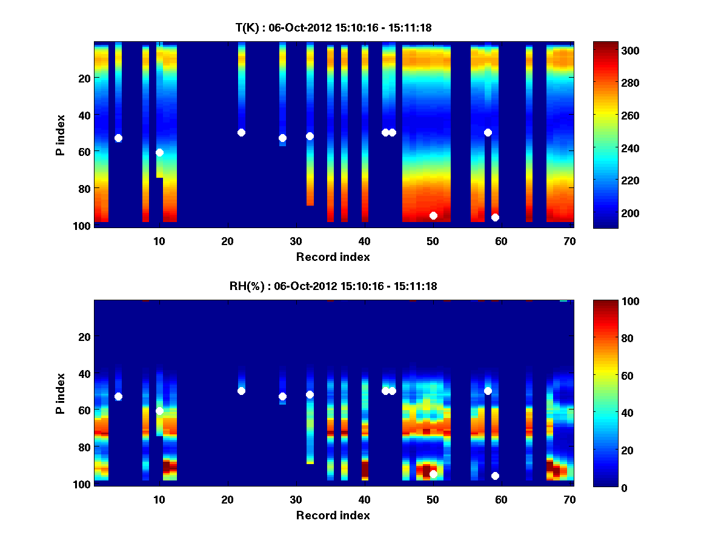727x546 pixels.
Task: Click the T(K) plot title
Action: pyautogui.click(x=333, y=27)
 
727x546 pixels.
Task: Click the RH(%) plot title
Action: pyautogui.click(x=333, y=286)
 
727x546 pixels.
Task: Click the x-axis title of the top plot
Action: pyautogui.click(x=333, y=257)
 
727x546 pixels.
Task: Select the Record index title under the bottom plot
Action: pyautogui.click(x=333, y=515)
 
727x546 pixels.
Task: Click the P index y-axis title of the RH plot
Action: pyautogui.click(x=60, y=393)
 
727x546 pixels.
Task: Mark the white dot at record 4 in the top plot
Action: pyautogui.click(x=118, y=138)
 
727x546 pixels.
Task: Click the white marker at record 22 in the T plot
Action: pyautogui.click(x=241, y=132)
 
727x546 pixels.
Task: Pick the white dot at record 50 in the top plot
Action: pyautogui.click(x=433, y=215)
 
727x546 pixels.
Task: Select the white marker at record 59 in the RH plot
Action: pyautogui.click(x=495, y=476)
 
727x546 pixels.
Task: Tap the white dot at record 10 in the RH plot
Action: pyautogui.click(x=159, y=411)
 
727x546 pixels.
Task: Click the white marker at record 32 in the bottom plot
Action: pyautogui.click(x=310, y=394)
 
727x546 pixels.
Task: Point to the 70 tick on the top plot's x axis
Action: pyautogui.click(x=569, y=240)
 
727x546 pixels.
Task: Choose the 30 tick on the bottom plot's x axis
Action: pyautogui.click(x=296, y=499)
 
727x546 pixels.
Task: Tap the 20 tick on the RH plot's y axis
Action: pyautogui.click(x=85, y=337)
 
